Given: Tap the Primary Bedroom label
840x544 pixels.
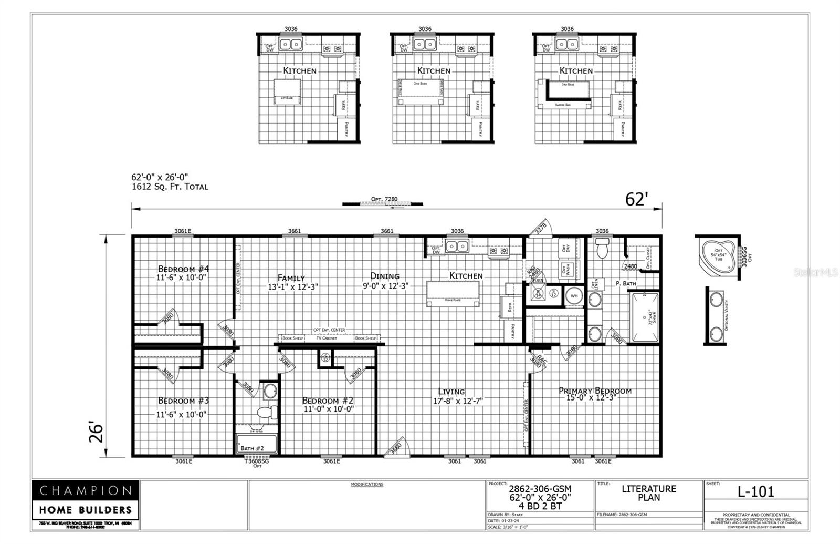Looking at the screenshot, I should (595, 391).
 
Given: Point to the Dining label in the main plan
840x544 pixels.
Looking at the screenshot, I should (385, 276).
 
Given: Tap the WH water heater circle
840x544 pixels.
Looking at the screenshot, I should (574, 296).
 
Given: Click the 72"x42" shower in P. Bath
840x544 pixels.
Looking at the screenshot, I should (644, 317).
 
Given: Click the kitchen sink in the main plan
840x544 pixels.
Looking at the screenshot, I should (457, 246).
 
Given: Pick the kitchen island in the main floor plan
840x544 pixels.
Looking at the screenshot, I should (453, 293).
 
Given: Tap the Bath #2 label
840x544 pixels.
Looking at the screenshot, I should (252, 448).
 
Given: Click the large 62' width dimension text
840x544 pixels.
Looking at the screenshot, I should (637, 199).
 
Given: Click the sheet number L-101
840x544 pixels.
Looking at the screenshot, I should (755, 491).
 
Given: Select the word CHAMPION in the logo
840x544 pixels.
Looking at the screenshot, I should (86, 491).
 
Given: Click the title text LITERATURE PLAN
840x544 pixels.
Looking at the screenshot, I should (649, 493).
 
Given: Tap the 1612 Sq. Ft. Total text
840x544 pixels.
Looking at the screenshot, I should (170, 187).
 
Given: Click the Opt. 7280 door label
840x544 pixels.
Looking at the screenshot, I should (384, 199).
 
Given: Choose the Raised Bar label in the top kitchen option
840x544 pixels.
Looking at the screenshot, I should (563, 105).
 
